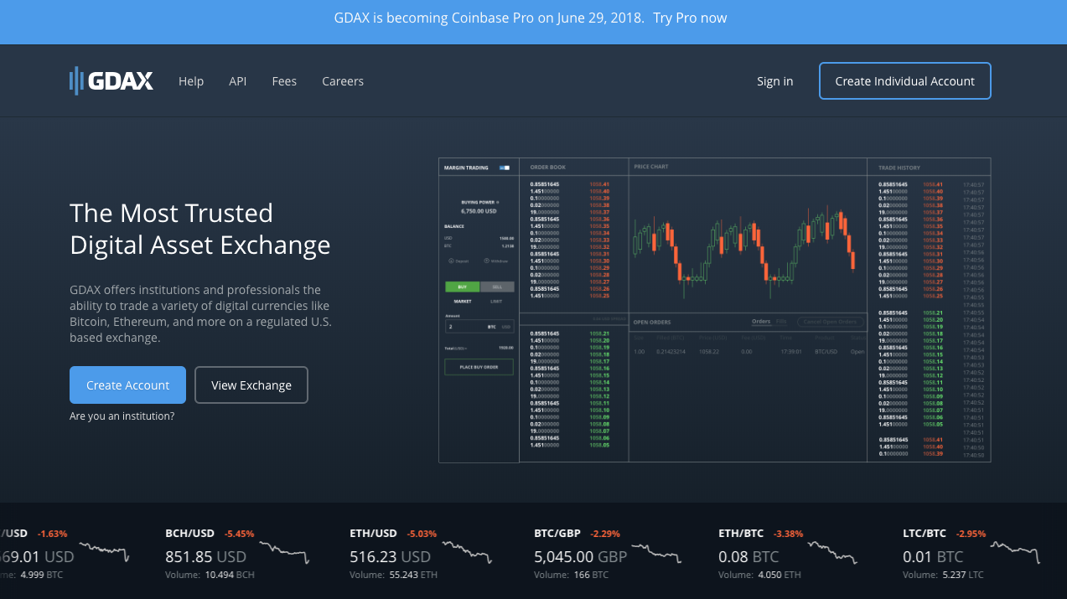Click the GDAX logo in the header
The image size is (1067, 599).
[x=111, y=81]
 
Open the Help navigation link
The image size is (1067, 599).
[x=191, y=81]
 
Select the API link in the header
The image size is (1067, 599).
[x=238, y=81]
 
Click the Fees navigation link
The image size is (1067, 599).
[x=284, y=81]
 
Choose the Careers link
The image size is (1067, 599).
[x=343, y=81]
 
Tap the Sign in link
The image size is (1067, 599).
[x=774, y=81]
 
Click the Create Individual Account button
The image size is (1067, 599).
[x=904, y=81]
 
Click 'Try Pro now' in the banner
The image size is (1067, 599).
[x=690, y=18]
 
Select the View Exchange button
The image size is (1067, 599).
[x=251, y=385]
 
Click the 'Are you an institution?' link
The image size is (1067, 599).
[x=122, y=416]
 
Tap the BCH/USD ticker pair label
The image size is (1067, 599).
[x=190, y=534]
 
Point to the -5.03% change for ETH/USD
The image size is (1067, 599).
[x=422, y=534]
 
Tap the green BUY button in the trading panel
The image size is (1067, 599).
[x=462, y=287]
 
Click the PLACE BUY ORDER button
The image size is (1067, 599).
[x=479, y=367]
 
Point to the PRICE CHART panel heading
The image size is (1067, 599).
[x=651, y=167]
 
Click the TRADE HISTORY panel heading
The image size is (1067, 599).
[x=899, y=168]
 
